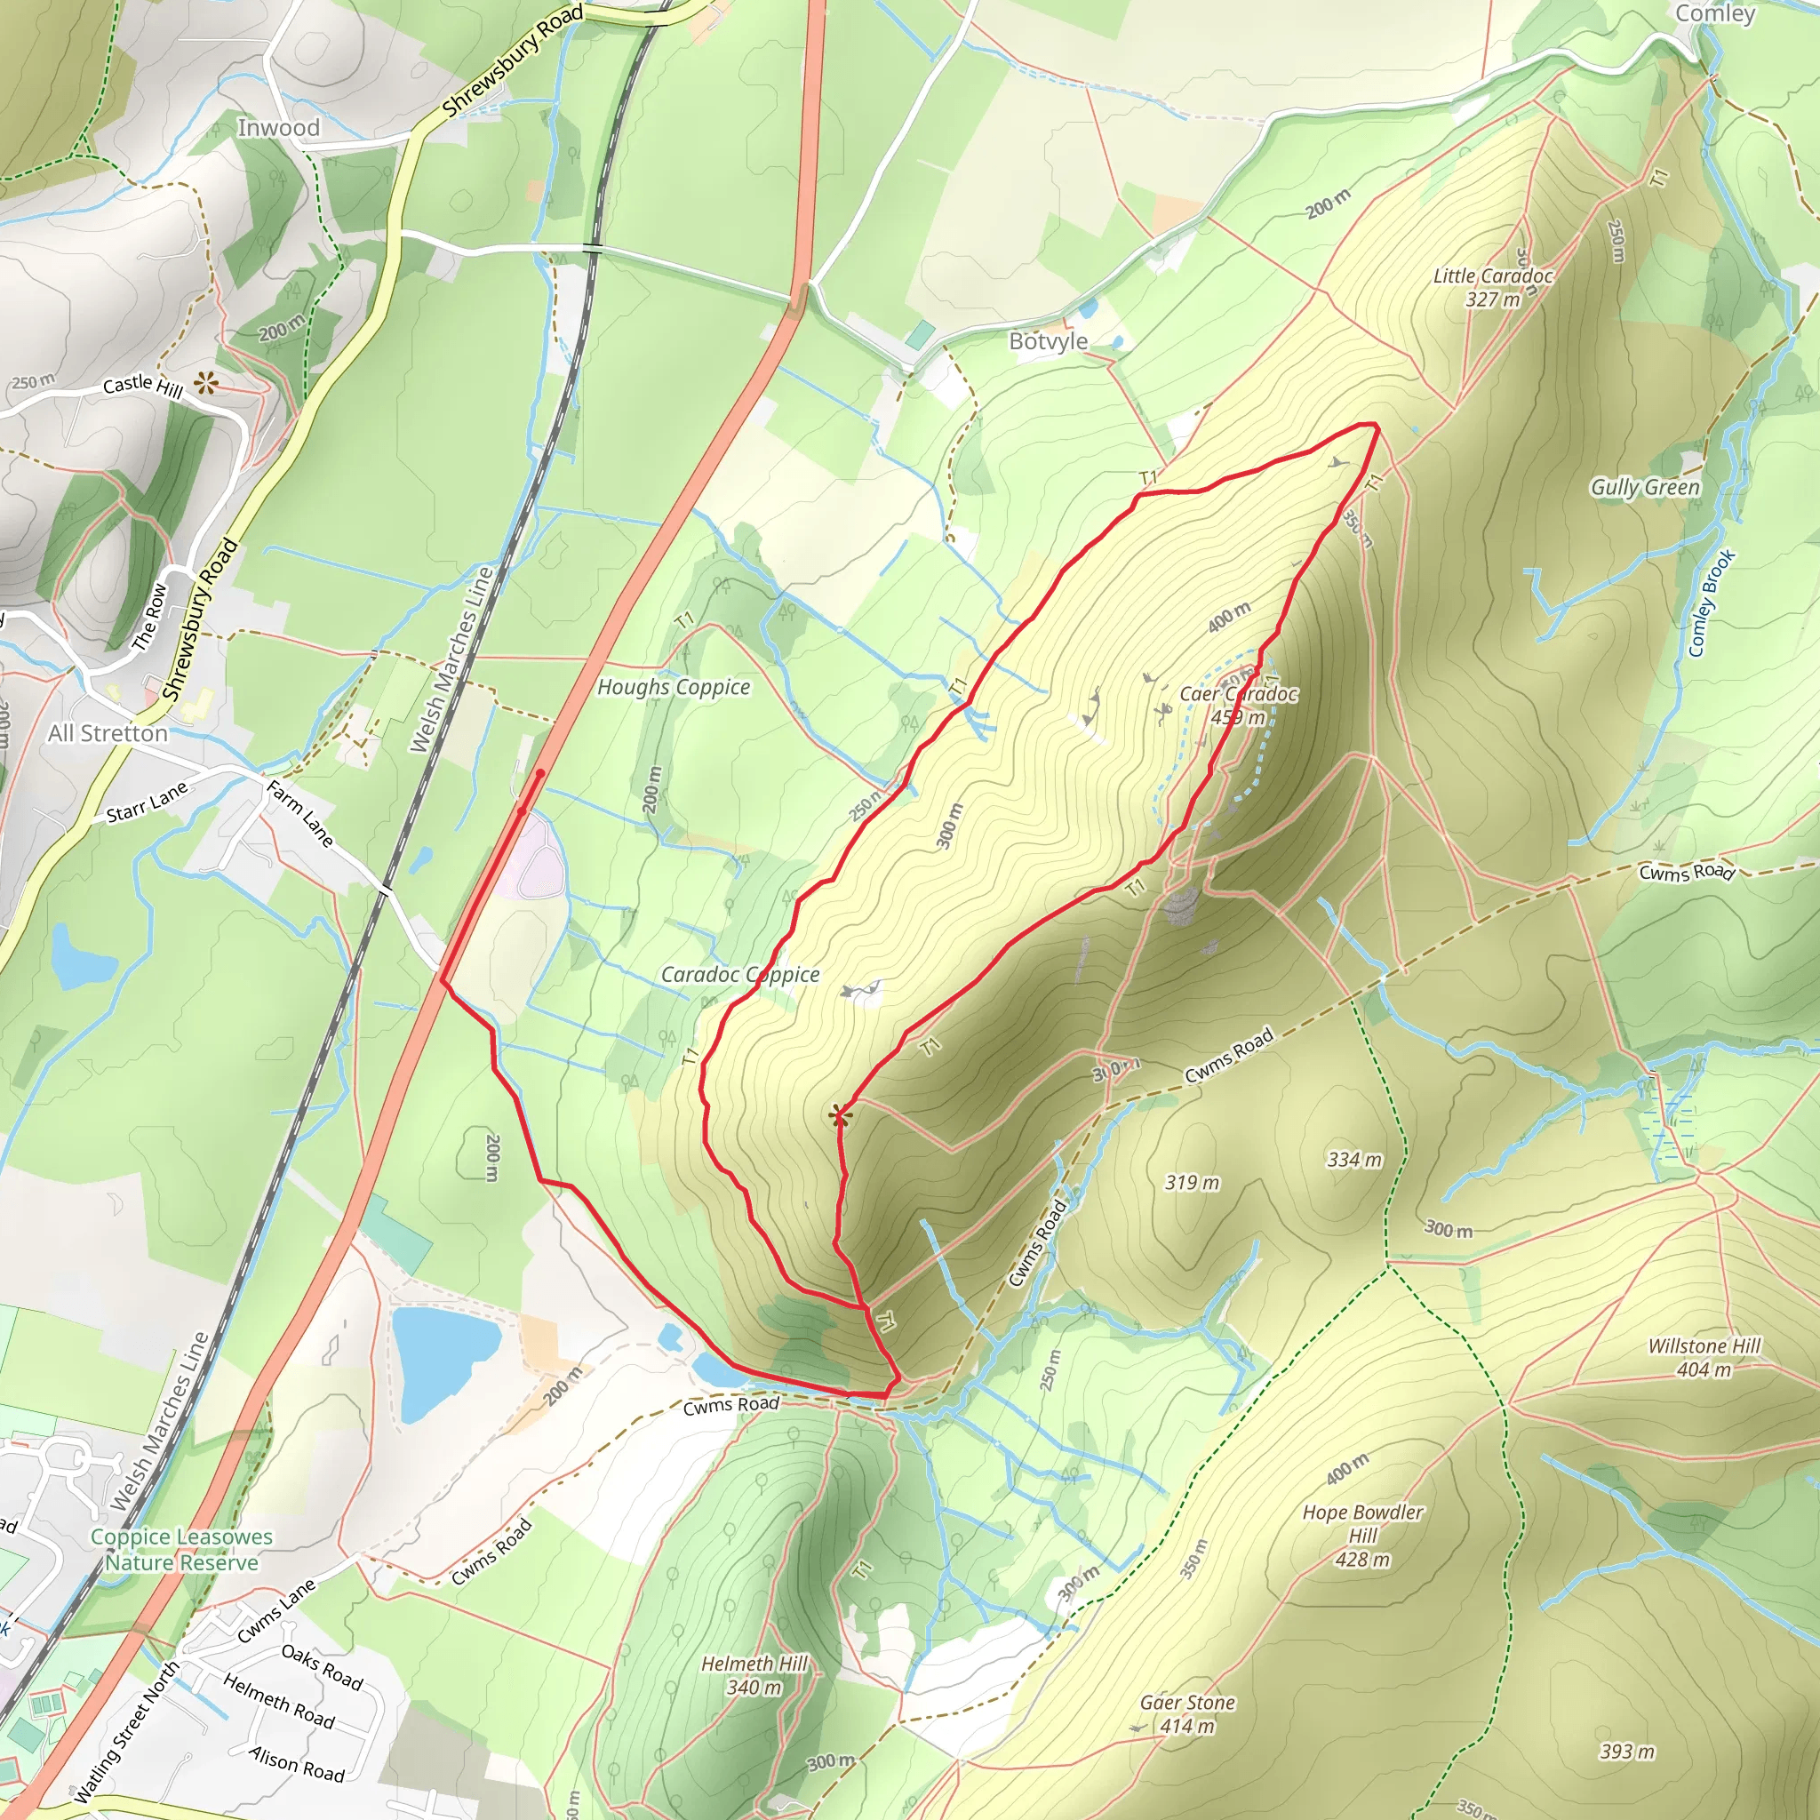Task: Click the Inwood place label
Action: click(278, 127)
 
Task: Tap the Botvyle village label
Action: click(1048, 341)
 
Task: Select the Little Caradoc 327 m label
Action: click(1492, 287)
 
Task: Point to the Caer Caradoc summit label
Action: click(1238, 705)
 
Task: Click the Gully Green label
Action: click(1645, 487)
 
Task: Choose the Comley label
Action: click(1714, 13)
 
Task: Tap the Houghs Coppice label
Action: click(674, 687)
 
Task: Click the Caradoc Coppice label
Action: click(739, 974)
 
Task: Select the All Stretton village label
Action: click(108, 733)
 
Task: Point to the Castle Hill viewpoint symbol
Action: click(206, 383)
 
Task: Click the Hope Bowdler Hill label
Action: click(1362, 1536)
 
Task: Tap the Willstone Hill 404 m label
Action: click(1704, 1358)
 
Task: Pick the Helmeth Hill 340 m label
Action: click(754, 1675)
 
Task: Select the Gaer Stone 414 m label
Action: click(1186, 1713)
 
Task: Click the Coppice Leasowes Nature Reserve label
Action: click(182, 1550)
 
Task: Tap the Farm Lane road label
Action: click(300, 813)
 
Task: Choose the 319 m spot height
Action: click(1192, 1182)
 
